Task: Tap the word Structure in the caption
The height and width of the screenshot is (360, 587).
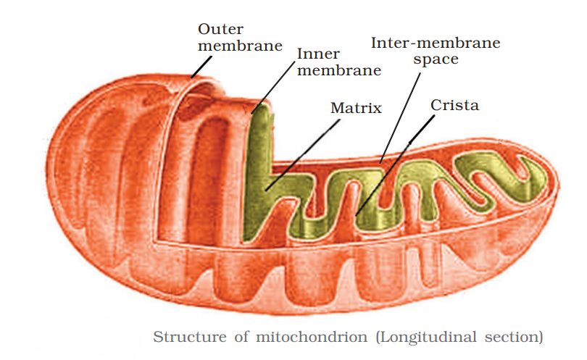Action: pyautogui.click(x=188, y=337)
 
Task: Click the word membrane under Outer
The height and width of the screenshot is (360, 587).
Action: pyautogui.click(x=239, y=46)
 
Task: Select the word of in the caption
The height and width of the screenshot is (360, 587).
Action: pyautogui.click(x=243, y=337)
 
